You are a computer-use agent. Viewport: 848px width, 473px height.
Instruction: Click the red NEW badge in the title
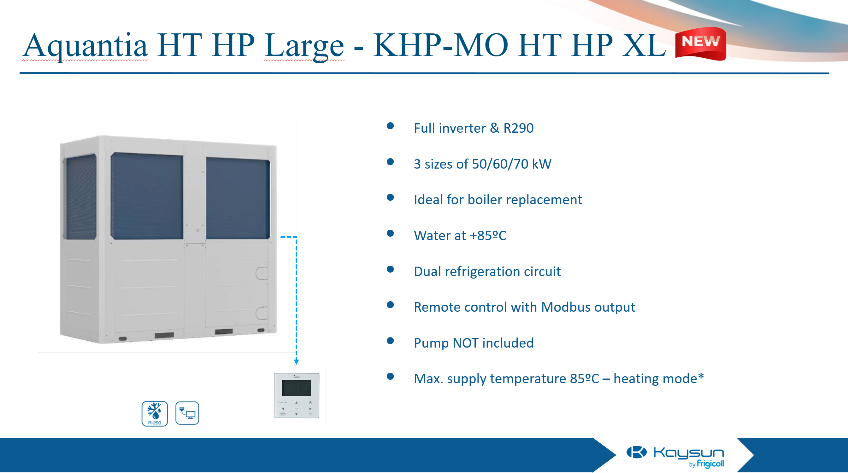tap(701, 44)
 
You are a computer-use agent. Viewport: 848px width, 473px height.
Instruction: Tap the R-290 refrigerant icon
tap(155, 414)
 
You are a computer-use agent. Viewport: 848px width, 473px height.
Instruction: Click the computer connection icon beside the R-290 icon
tap(187, 413)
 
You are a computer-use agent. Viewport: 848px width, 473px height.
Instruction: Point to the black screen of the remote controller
tap(296, 388)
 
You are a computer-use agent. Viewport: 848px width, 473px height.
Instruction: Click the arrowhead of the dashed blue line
tap(296, 362)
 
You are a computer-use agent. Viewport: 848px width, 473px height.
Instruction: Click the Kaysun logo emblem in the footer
tap(636, 452)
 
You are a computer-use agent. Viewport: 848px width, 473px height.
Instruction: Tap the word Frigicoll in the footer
tap(710, 464)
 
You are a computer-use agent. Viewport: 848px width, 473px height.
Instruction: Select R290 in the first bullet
tap(518, 128)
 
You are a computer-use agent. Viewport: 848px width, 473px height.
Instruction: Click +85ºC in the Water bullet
tap(488, 235)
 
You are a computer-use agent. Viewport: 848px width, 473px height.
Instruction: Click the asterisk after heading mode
tap(701, 376)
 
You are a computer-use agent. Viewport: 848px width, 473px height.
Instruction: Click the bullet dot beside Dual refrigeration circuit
tap(391, 269)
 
